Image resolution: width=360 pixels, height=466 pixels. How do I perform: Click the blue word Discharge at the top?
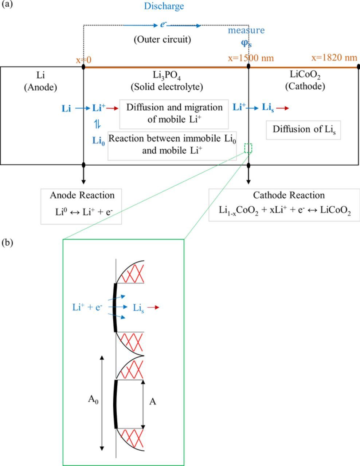(x=164, y=6)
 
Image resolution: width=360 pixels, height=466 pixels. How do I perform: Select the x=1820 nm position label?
(x=334, y=58)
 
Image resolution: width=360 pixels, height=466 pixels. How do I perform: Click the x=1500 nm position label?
(x=251, y=58)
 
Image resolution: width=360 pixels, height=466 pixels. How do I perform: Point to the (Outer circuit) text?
(x=162, y=39)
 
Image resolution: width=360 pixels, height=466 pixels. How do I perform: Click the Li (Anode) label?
(x=41, y=81)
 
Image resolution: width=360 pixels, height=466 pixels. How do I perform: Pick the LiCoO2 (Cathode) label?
(x=305, y=80)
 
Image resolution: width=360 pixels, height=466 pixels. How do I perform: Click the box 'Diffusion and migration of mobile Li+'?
(x=174, y=114)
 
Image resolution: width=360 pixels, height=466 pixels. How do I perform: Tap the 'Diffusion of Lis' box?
(x=303, y=130)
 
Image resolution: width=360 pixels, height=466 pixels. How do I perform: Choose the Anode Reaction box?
(x=82, y=206)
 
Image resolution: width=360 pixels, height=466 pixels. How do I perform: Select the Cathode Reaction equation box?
(x=284, y=205)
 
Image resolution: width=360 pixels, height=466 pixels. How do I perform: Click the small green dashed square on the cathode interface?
(x=248, y=148)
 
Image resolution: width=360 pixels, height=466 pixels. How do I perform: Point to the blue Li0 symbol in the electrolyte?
(x=98, y=141)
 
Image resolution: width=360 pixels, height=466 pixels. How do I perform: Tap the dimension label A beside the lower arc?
(x=153, y=402)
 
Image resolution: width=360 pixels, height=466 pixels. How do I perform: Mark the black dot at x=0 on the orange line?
(x=84, y=67)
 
